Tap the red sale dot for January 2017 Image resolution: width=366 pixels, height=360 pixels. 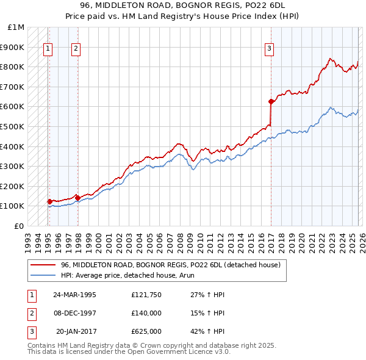coord(270,101)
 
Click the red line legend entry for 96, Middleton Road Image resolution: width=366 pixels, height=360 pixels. coord(170,265)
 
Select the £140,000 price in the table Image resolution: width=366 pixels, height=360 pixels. coord(146,313)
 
